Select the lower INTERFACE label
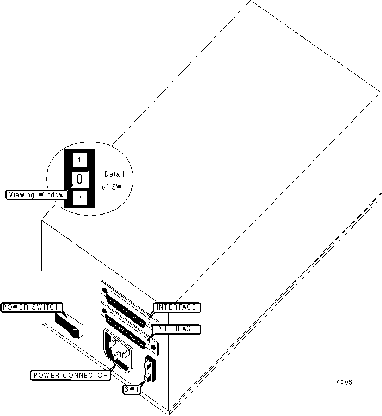pyautogui.click(x=176, y=329)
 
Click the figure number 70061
pyautogui.click(x=346, y=382)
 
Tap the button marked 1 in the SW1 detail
pyautogui.click(x=79, y=160)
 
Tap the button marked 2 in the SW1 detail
pyautogui.click(x=79, y=198)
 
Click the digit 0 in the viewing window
pyautogui.click(x=79, y=179)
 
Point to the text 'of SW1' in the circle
pyautogui.click(x=113, y=187)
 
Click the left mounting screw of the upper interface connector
pyautogui.click(x=104, y=291)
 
